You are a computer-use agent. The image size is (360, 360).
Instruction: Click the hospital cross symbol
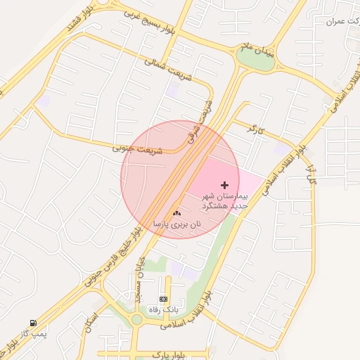225,184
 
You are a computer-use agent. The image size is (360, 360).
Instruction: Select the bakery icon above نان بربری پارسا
176,213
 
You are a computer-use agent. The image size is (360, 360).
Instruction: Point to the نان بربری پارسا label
177,224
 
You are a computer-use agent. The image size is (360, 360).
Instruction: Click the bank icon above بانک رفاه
164,299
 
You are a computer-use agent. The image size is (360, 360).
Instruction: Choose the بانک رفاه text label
164,309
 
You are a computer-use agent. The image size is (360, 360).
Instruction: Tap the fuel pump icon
32,323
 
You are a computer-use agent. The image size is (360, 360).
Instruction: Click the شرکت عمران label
342,22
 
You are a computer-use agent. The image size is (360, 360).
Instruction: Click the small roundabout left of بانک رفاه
136,320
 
